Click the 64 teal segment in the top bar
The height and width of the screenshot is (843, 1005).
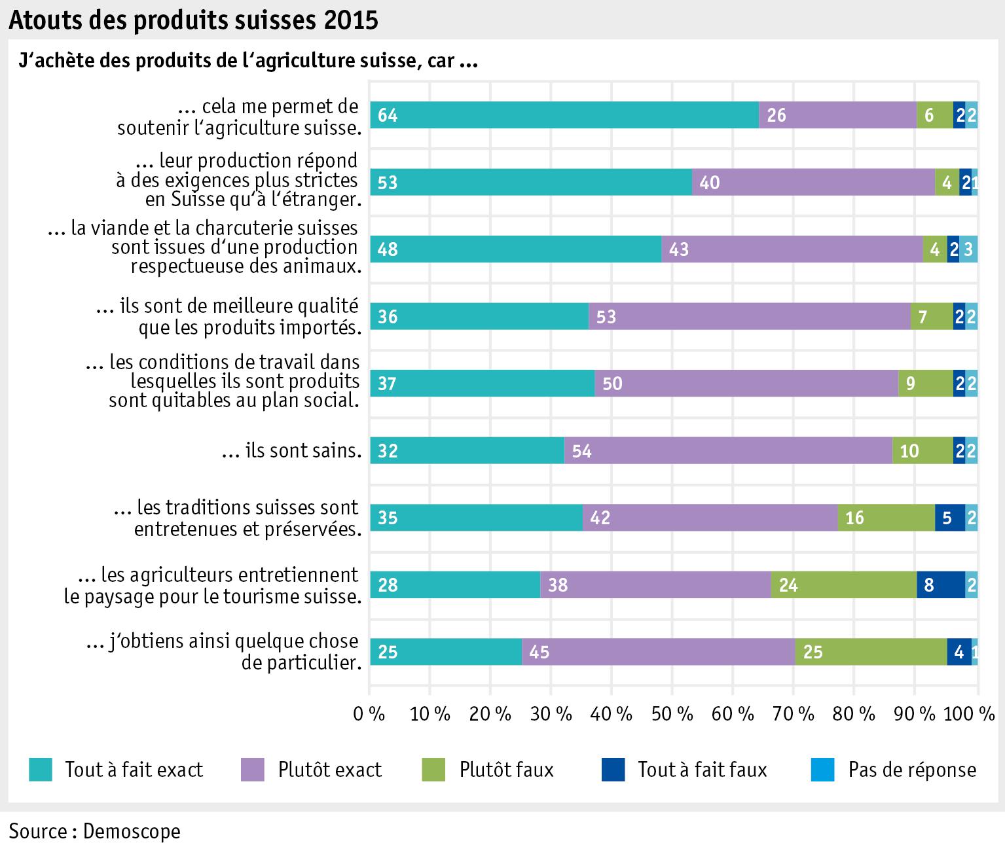(564, 115)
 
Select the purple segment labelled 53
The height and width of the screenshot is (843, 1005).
(749, 317)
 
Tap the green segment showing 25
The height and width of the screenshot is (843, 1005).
(871, 652)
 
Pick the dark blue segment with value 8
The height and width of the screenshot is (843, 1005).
(941, 584)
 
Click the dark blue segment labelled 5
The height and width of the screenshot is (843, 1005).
(950, 518)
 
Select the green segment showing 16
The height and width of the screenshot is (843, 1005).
(886, 518)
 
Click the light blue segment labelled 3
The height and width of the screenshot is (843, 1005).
(968, 249)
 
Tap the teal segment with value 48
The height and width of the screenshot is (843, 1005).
(515, 249)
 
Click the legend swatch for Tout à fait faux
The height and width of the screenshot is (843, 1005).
(613, 770)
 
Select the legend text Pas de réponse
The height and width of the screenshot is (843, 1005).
(912, 770)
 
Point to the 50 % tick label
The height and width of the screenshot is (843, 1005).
(672, 714)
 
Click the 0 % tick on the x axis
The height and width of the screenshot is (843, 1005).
(369, 714)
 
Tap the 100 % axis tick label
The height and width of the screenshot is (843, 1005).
(970, 714)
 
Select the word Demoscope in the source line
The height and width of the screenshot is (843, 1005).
(132, 831)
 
